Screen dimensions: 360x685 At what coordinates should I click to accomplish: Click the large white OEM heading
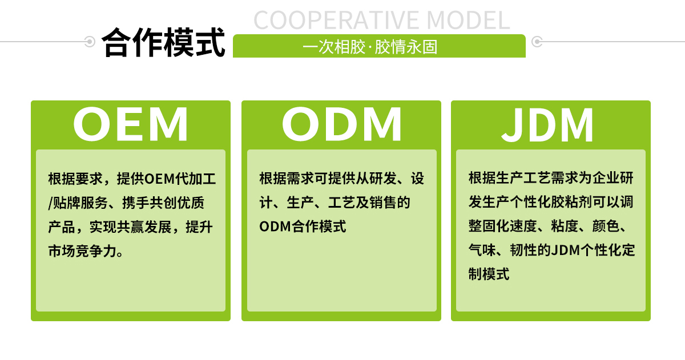coord(131,124)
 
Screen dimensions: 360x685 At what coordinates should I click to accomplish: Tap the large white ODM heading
coord(341,124)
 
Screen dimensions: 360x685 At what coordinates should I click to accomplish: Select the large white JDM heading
coord(548,124)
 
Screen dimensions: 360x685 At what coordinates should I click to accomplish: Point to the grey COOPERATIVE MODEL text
coord(381,20)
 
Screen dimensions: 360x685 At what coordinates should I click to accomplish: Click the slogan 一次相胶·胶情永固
coord(370,47)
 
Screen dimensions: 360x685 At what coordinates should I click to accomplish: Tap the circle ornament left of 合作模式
coord(90,42)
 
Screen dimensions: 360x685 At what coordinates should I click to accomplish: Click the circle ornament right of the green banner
coord(537,42)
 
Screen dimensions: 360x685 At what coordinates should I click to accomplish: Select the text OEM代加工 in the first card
coord(180,179)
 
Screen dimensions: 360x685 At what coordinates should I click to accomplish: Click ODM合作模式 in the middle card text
coord(303,226)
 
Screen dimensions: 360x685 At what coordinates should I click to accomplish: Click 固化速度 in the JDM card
coord(502,226)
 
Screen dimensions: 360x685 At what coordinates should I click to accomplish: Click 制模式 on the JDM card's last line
coord(489,274)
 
